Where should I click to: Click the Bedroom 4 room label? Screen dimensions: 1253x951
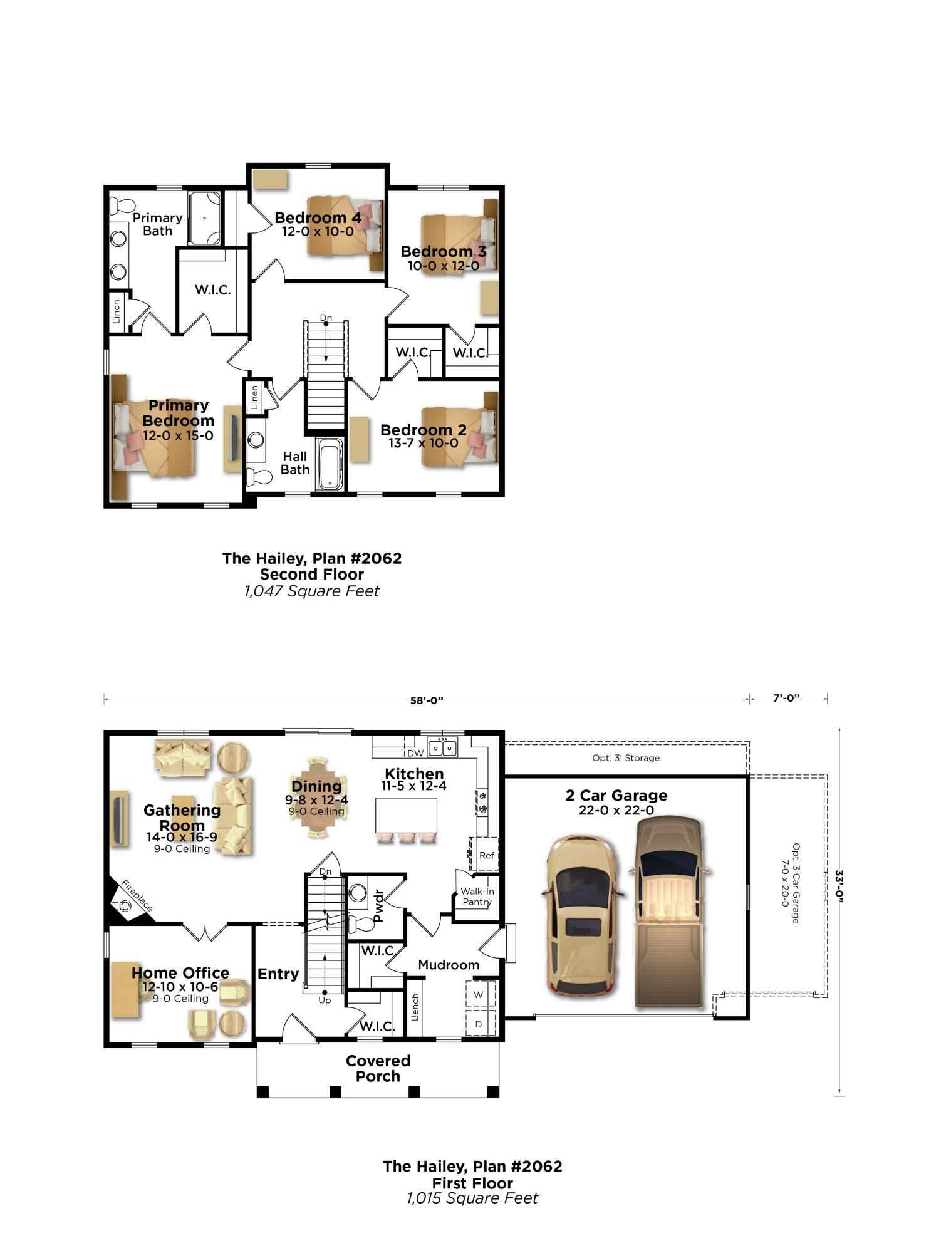pyautogui.click(x=318, y=218)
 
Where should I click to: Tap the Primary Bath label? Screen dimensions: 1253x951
pyautogui.click(x=157, y=224)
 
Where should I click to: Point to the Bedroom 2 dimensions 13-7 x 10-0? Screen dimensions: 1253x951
pyautogui.click(x=423, y=444)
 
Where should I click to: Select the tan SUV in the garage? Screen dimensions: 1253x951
pyautogui.click(x=581, y=918)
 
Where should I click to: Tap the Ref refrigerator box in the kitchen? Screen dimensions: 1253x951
pyautogui.click(x=486, y=855)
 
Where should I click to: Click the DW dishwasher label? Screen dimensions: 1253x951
pyautogui.click(x=414, y=752)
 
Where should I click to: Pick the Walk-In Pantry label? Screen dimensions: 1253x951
pyautogui.click(x=477, y=897)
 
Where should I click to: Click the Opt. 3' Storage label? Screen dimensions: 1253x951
pyautogui.click(x=626, y=758)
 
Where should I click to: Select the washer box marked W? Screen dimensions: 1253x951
pyautogui.click(x=479, y=995)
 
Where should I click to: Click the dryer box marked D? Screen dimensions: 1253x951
pyautogui.click(x=479, y=1024)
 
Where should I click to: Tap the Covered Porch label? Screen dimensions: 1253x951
pyautogui.click(x=378, y=1068)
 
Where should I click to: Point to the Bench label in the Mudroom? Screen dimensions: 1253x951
pyautogui.click(x=415, y=1007)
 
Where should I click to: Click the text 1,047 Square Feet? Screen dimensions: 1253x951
pyautogui.click(x=311, y=591)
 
